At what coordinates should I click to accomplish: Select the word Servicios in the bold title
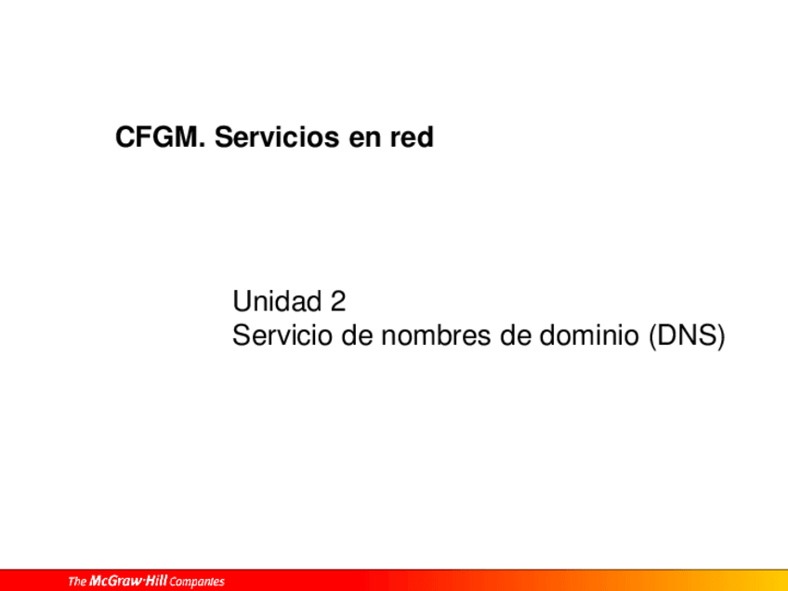[277, 137]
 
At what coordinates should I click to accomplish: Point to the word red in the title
[412, 137]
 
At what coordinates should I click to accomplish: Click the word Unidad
[277, 301]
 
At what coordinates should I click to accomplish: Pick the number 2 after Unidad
[338, 301]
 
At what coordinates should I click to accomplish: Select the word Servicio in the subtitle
[282, 335]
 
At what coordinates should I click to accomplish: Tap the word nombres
[435, 335]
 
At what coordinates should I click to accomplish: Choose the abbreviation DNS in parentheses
[687, 335]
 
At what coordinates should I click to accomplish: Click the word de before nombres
[357, 335]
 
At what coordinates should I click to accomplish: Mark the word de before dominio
[515, 335]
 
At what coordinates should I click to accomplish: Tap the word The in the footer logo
[77, 582]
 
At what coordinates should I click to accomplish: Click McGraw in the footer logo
[115, 581]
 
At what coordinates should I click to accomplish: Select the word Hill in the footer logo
[156, 581]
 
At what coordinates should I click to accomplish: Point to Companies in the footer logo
[197, 583]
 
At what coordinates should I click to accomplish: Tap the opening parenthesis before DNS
[652, 335]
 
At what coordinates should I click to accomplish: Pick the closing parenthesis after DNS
[721, 335]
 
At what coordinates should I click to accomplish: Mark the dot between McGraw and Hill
[143, 581]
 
